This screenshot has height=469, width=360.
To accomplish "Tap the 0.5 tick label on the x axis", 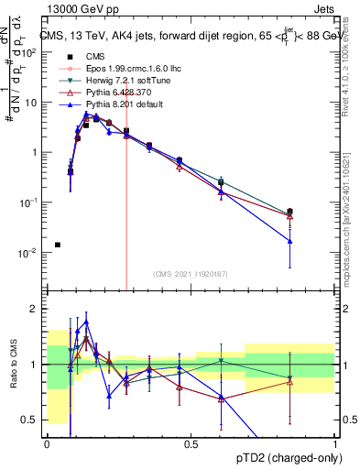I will click(x=191, y=442).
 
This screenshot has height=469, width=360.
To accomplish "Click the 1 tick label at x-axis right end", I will click(x=335, y=442).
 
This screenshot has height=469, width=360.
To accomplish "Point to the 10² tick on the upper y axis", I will click(x=31, y=52).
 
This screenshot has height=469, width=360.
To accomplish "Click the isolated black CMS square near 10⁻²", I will click(x=58, y=245).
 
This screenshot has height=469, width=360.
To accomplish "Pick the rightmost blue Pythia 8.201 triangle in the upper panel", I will click(x=289, y=241).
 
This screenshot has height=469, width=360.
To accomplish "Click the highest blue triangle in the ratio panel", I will click(x=86, y=322).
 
